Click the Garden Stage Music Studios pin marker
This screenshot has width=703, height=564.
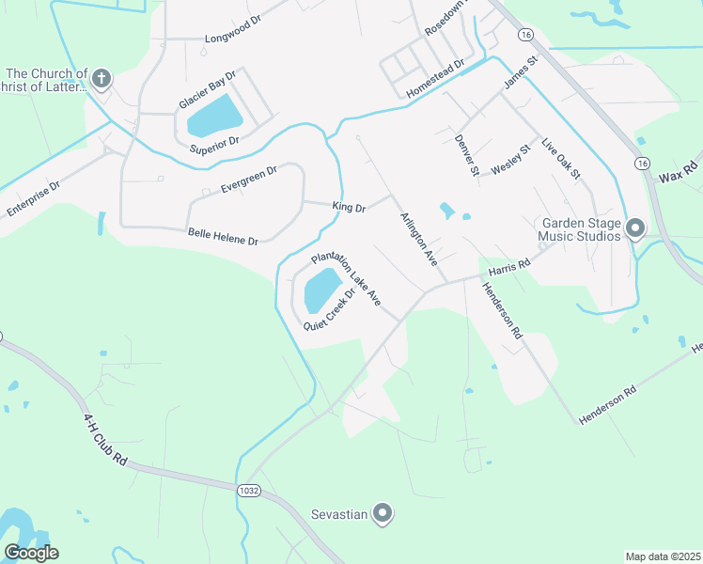coord(634,228)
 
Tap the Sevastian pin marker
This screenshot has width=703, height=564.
coord(383,513)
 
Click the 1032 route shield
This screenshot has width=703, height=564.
coord(249,490)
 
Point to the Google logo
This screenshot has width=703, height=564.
coord(31,552)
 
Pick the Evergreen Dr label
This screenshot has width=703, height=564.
coord(249,179)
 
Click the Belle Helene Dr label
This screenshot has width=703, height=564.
coord(223,236)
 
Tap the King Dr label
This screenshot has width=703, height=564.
coord(348,206)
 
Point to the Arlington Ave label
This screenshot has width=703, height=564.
coord(419,240)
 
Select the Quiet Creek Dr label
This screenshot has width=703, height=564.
coord(329,308)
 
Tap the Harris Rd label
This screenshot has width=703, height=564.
coord(509,266)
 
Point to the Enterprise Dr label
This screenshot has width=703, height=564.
coord(33,196)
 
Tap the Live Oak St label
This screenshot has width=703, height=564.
coord(561,161)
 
